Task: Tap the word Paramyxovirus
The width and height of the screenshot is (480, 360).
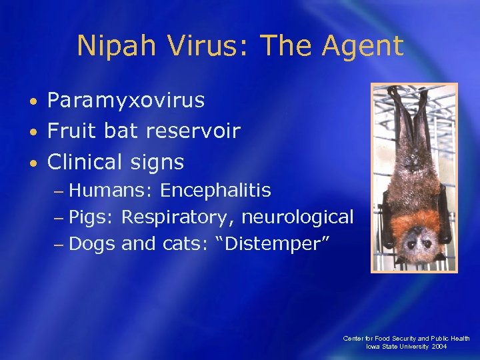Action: [125, 101]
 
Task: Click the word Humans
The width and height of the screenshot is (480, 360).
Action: [111, 191]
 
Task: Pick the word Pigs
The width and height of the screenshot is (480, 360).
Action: [93, 217]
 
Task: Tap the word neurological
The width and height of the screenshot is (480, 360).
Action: [297, 217]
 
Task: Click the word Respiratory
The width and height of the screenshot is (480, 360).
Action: [179, 217]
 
